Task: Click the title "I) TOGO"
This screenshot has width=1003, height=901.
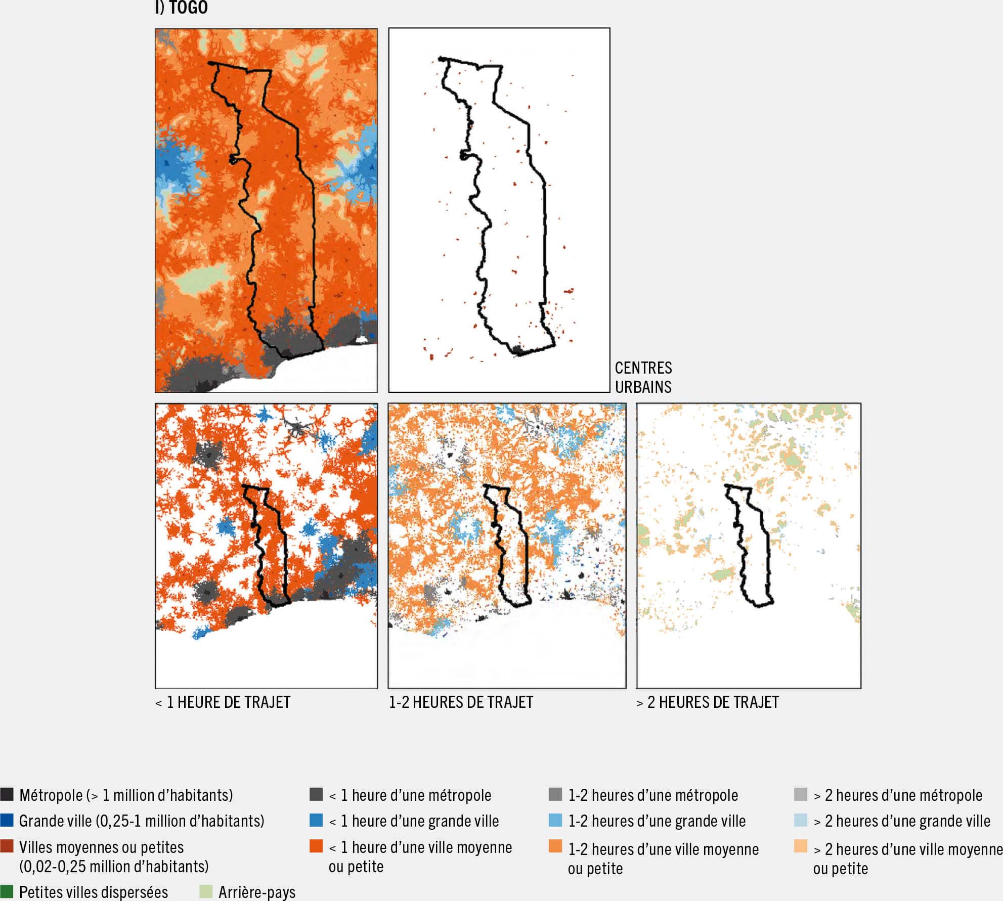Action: tap(182, 8)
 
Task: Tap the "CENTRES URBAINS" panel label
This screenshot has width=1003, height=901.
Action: tap(643, 377)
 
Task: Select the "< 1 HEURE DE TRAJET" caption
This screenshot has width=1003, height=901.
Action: tap(223, 702)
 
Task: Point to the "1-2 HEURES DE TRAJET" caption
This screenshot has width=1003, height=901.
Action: tap(461, 702)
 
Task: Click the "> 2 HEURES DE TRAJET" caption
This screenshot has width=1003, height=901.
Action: tap(708, 702)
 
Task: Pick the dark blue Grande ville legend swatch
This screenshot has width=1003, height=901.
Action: tap(7, 820)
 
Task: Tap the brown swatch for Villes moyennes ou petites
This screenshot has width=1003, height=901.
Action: tap(7, 846)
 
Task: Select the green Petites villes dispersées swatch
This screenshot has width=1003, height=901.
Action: tap(7, 891)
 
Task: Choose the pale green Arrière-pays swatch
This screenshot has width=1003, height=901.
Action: tap(206, 891)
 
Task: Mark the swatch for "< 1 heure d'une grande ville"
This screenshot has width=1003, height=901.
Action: tap(316, 820)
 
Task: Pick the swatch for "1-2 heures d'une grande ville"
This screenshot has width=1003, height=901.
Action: tap(555, 820)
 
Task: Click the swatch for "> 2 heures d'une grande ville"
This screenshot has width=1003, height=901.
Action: tap(801, 820)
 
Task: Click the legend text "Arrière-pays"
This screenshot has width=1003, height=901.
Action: tap(257, 892)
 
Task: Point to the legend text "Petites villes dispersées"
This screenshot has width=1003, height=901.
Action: tap(94, 892)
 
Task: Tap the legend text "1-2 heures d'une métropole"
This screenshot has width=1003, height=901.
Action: tap(653, 795)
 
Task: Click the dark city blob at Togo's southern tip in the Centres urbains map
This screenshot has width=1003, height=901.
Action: tap(517, 350)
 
